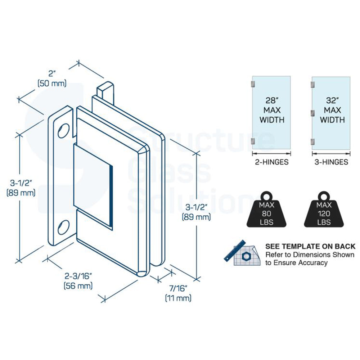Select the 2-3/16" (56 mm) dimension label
click(78, 281)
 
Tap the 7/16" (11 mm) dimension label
click(178, 293)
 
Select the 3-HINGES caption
click(331, 162)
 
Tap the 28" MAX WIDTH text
click(271, 110)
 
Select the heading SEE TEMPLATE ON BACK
click(310, 247)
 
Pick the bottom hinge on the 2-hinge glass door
click(253, 141)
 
